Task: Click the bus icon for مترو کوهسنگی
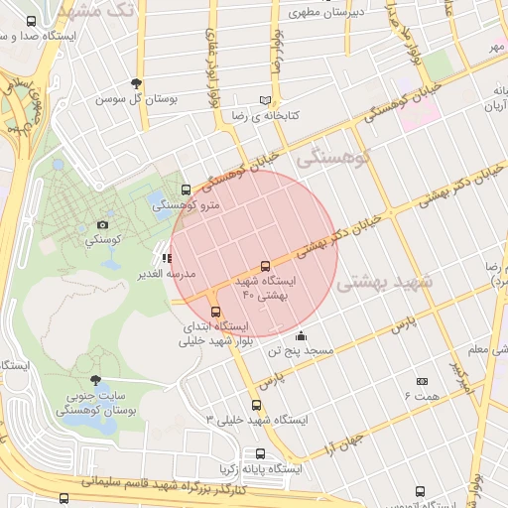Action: [x=186, y=190]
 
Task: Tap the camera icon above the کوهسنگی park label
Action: [x=103, y=225]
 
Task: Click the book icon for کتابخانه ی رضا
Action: [x=264, y=100]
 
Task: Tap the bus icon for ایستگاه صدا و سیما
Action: [x=31, y=21]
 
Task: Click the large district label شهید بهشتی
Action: [x=386, y=284]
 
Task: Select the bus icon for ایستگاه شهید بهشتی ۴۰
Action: [x=265, y=266]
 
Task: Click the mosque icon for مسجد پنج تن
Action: [x=301, y=335]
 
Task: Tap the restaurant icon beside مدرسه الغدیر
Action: [x=167, y=258]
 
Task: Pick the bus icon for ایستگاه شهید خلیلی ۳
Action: [x=257, y=405]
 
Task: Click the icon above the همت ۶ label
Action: [x=421, y=381]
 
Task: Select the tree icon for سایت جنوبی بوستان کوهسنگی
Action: [x=95, y=379]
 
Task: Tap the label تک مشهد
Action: [x=96, y=11]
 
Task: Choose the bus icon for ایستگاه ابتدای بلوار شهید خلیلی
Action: [x=216, y=311]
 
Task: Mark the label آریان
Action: [x=495, y=106]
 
